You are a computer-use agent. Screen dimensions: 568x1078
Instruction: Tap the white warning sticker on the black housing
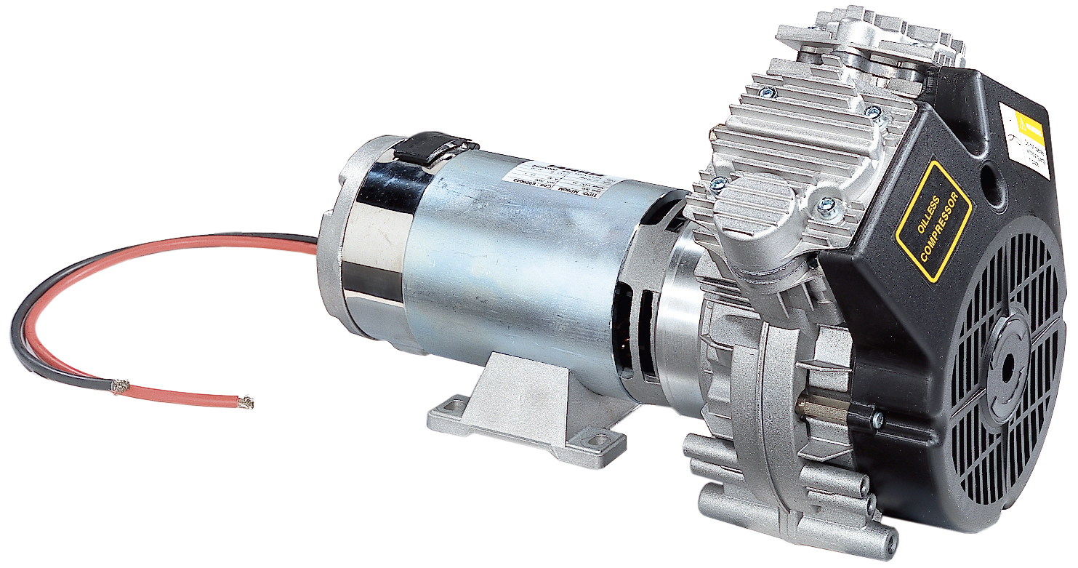tap(1025, 140)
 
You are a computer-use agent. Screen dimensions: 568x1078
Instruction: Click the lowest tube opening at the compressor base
tap(888, 543)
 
